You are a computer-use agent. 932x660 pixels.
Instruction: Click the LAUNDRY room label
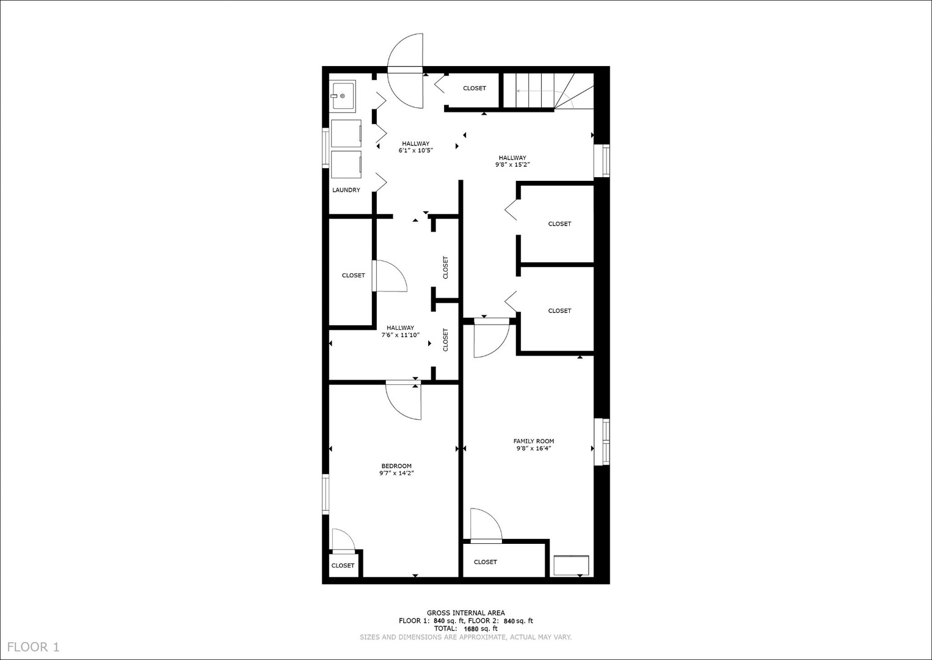(x=346, y=190)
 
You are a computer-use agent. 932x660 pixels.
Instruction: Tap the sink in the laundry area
(x=343, y=97)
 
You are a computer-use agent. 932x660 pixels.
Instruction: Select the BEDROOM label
(x=396, y=466)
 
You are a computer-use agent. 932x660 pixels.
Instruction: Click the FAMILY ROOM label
(x=533, y=441)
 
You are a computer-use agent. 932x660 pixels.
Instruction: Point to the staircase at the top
(x=547, y=90)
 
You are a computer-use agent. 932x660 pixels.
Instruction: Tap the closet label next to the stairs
(x=474, y=89)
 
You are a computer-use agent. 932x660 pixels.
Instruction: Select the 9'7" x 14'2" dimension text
(x=396, y=473)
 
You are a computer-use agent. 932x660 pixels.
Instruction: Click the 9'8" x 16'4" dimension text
(x=533, y=449)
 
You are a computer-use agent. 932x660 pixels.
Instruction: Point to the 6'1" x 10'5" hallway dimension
(x=415, y=150)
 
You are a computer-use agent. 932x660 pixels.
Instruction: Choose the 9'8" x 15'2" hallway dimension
(x=512, y=164)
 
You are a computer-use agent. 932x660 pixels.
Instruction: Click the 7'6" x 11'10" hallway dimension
(x=400, y=335)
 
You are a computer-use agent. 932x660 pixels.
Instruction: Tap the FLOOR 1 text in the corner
(x=34, y=647)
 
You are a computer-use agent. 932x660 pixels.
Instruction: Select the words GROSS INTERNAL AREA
(x=465, y=613)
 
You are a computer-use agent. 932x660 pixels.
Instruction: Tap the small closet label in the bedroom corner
(x=343, y=566)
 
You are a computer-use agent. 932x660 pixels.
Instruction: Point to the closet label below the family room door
(x=485, y=562)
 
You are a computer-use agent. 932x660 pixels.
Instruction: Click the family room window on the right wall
(x=602, y=441)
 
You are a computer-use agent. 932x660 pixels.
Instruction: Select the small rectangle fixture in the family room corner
(x=571, y=565)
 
